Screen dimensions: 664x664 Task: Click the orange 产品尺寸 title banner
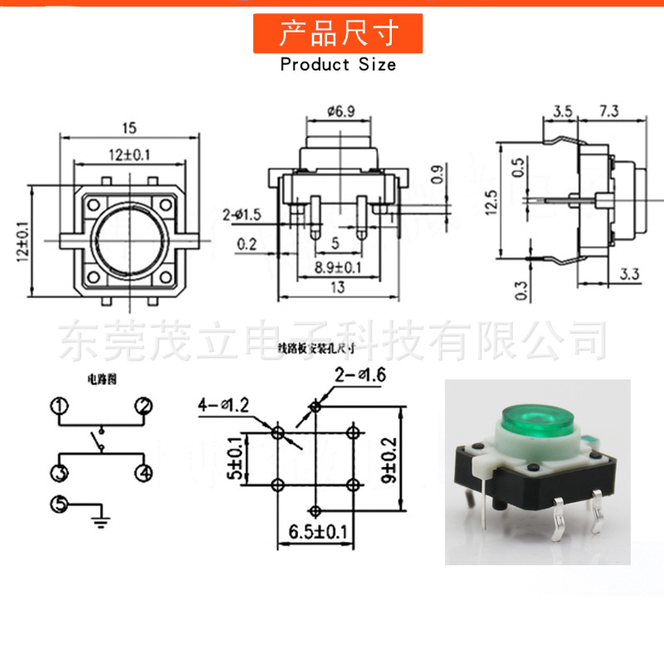(338, 34)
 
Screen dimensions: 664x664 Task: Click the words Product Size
(338, 64)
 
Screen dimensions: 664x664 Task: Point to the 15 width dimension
(129, 128)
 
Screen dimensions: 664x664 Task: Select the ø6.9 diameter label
(340, 110)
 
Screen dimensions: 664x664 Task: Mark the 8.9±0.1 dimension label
(339, 266)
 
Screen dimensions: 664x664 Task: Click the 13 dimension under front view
(338, 287)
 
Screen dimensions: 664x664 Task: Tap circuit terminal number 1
(59, 406)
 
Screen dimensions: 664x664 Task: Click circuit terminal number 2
(144, 406)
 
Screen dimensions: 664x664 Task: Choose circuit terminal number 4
(144, 473)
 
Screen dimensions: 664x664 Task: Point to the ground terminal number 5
(59, 504)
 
